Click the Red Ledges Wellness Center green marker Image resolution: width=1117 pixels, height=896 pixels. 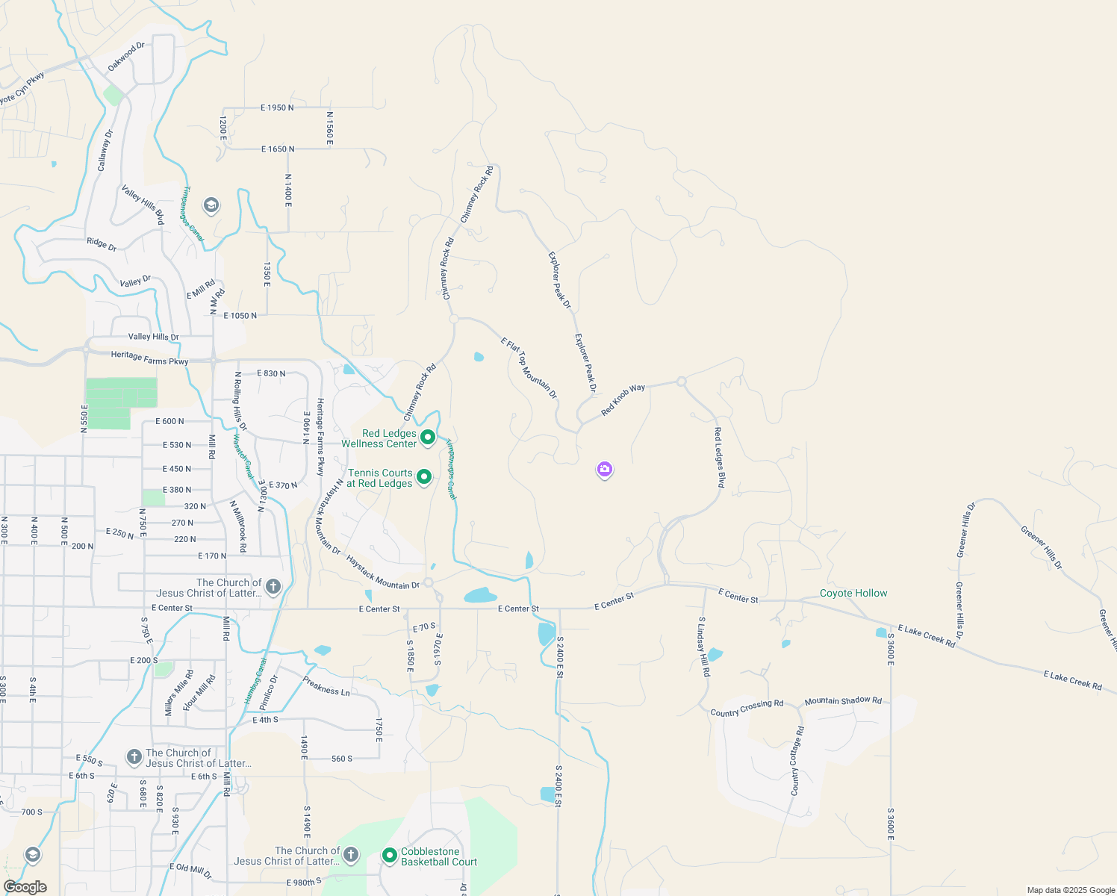tap(428, 438)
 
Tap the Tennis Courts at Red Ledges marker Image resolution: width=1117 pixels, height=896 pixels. tap(423, 476)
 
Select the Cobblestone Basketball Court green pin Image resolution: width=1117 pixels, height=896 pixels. tap(389, 856)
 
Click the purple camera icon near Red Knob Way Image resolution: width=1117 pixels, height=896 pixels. tap(605, 470)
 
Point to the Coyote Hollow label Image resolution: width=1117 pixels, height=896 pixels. tap(853, 593)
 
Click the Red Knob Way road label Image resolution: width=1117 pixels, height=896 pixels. tap(623, 400)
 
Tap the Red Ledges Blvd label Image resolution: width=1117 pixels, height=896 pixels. tap(719, 458)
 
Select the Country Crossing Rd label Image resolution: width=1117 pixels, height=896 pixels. tap(747, 708)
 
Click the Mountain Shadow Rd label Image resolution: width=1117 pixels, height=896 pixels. tap(843, 700)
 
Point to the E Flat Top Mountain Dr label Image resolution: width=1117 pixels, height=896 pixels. tap(529, 367)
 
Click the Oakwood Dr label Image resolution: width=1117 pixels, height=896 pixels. tap(125, 57)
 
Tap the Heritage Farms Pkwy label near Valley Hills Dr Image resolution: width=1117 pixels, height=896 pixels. tap(149, 358)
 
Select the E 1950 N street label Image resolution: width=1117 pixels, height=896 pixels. tap(277, 108)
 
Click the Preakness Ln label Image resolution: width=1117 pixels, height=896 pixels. tap(326, 685)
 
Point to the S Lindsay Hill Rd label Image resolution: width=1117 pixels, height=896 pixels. tap(703, 647)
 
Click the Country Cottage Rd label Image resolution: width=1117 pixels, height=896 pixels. tap(797, 760)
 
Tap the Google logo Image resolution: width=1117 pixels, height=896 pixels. tap(25, 887)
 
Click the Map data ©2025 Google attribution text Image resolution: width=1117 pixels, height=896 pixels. tap(1071, 890)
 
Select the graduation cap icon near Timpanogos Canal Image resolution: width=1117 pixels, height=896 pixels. tap(211, 205)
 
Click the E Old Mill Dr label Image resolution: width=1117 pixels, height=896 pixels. tap(190, 871)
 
